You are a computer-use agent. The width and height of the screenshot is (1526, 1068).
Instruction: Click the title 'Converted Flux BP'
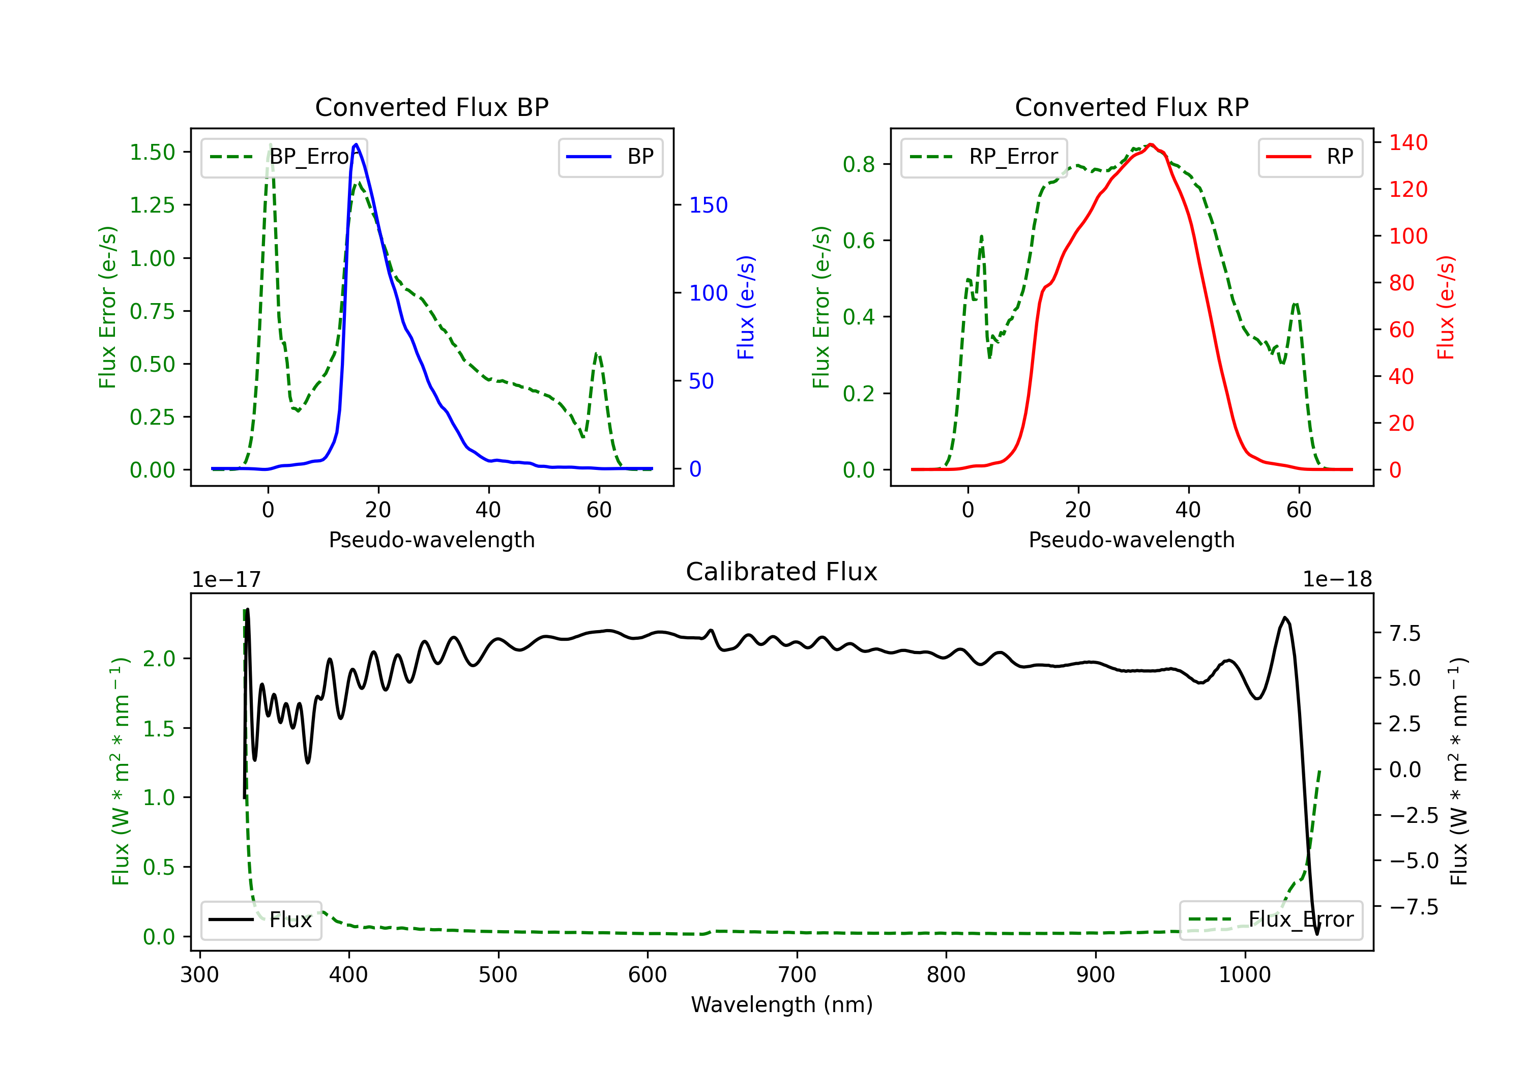pyautogui.click(x=431, y=107)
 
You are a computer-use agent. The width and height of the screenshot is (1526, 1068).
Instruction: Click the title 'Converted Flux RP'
pyautogui.click(x=1131, y=107)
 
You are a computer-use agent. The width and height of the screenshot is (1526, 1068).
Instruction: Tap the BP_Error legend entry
pyautogui.click(x=284, y=157)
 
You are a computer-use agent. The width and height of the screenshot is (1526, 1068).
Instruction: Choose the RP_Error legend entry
pyautogui.click(x=984, y=157)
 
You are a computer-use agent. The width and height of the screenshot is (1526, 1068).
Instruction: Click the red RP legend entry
pyautogui.click(x=1309, y=157)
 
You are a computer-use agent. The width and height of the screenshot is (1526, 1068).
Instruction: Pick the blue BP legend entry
pyautogui.click(x=610, y=157)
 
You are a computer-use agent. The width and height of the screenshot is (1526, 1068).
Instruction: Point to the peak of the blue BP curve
pyautogui.click(x=356, y=144)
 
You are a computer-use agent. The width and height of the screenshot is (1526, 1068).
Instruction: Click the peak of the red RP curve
pyautogui.click(x=1151, y=144)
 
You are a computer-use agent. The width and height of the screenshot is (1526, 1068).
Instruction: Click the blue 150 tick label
pyautogui.click(x=708, y=204)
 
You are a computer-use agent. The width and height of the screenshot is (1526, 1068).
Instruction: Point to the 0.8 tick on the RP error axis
pyautogui.click(x=859, y=164)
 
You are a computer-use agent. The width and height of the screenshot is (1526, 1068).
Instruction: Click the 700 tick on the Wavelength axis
pyautogui.click(x=797, y=975)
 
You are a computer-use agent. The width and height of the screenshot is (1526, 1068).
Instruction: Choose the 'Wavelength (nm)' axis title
pyautogui.click(x=782, y=1005)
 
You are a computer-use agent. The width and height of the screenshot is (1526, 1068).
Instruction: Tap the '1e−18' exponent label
pyautogui.click(x=1337, y=580)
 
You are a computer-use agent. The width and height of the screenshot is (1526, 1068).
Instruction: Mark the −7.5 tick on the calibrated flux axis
pyautogui.click(x=1413, y=907)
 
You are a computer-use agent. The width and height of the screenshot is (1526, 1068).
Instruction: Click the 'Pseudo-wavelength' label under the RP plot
pyautogui.click(x=1131, y=540)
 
